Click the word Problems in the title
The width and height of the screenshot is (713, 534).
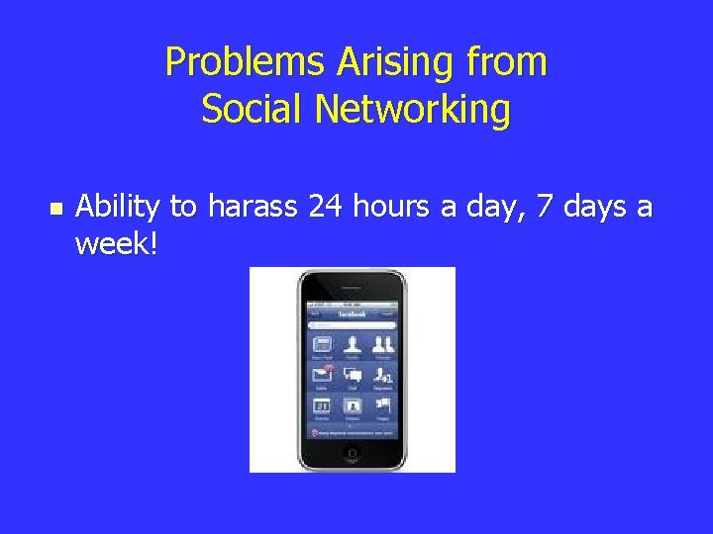[225, 62]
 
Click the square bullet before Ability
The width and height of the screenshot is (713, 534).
[55, 209]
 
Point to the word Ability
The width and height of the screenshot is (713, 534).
[118, 209]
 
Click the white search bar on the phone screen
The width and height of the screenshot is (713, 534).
[353, 324]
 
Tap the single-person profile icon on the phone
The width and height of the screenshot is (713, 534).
[353, 345]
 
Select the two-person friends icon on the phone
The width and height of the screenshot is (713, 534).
[382, 345]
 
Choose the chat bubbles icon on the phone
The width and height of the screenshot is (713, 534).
[353, 375]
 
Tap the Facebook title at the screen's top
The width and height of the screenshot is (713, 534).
[353, 311]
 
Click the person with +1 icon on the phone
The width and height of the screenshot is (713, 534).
[382, 375]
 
